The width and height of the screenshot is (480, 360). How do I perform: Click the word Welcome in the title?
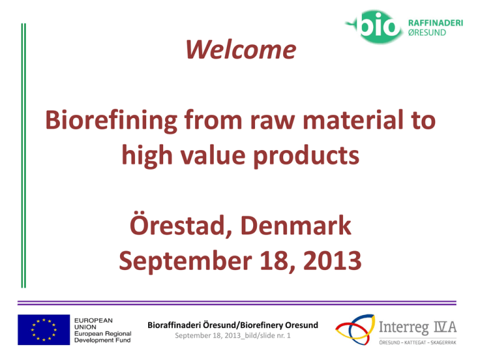241,49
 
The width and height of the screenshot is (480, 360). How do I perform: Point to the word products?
306,156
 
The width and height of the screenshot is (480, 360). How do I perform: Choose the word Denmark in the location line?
296,225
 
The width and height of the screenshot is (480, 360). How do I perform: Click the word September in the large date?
185,261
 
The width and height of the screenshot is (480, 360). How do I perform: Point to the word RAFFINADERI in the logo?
435,23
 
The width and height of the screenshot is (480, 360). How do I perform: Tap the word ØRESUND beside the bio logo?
427,32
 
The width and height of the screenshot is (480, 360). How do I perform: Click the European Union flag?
44,330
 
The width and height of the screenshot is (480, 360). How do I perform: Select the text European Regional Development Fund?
102,337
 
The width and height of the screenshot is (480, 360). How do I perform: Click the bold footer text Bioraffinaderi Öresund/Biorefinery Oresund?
232,325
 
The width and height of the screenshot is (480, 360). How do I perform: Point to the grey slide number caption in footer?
232,336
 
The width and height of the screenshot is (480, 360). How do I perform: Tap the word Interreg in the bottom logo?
404,328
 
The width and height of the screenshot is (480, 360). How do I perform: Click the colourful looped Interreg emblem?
356,329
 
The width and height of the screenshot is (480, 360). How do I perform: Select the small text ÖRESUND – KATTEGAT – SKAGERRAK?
417,342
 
